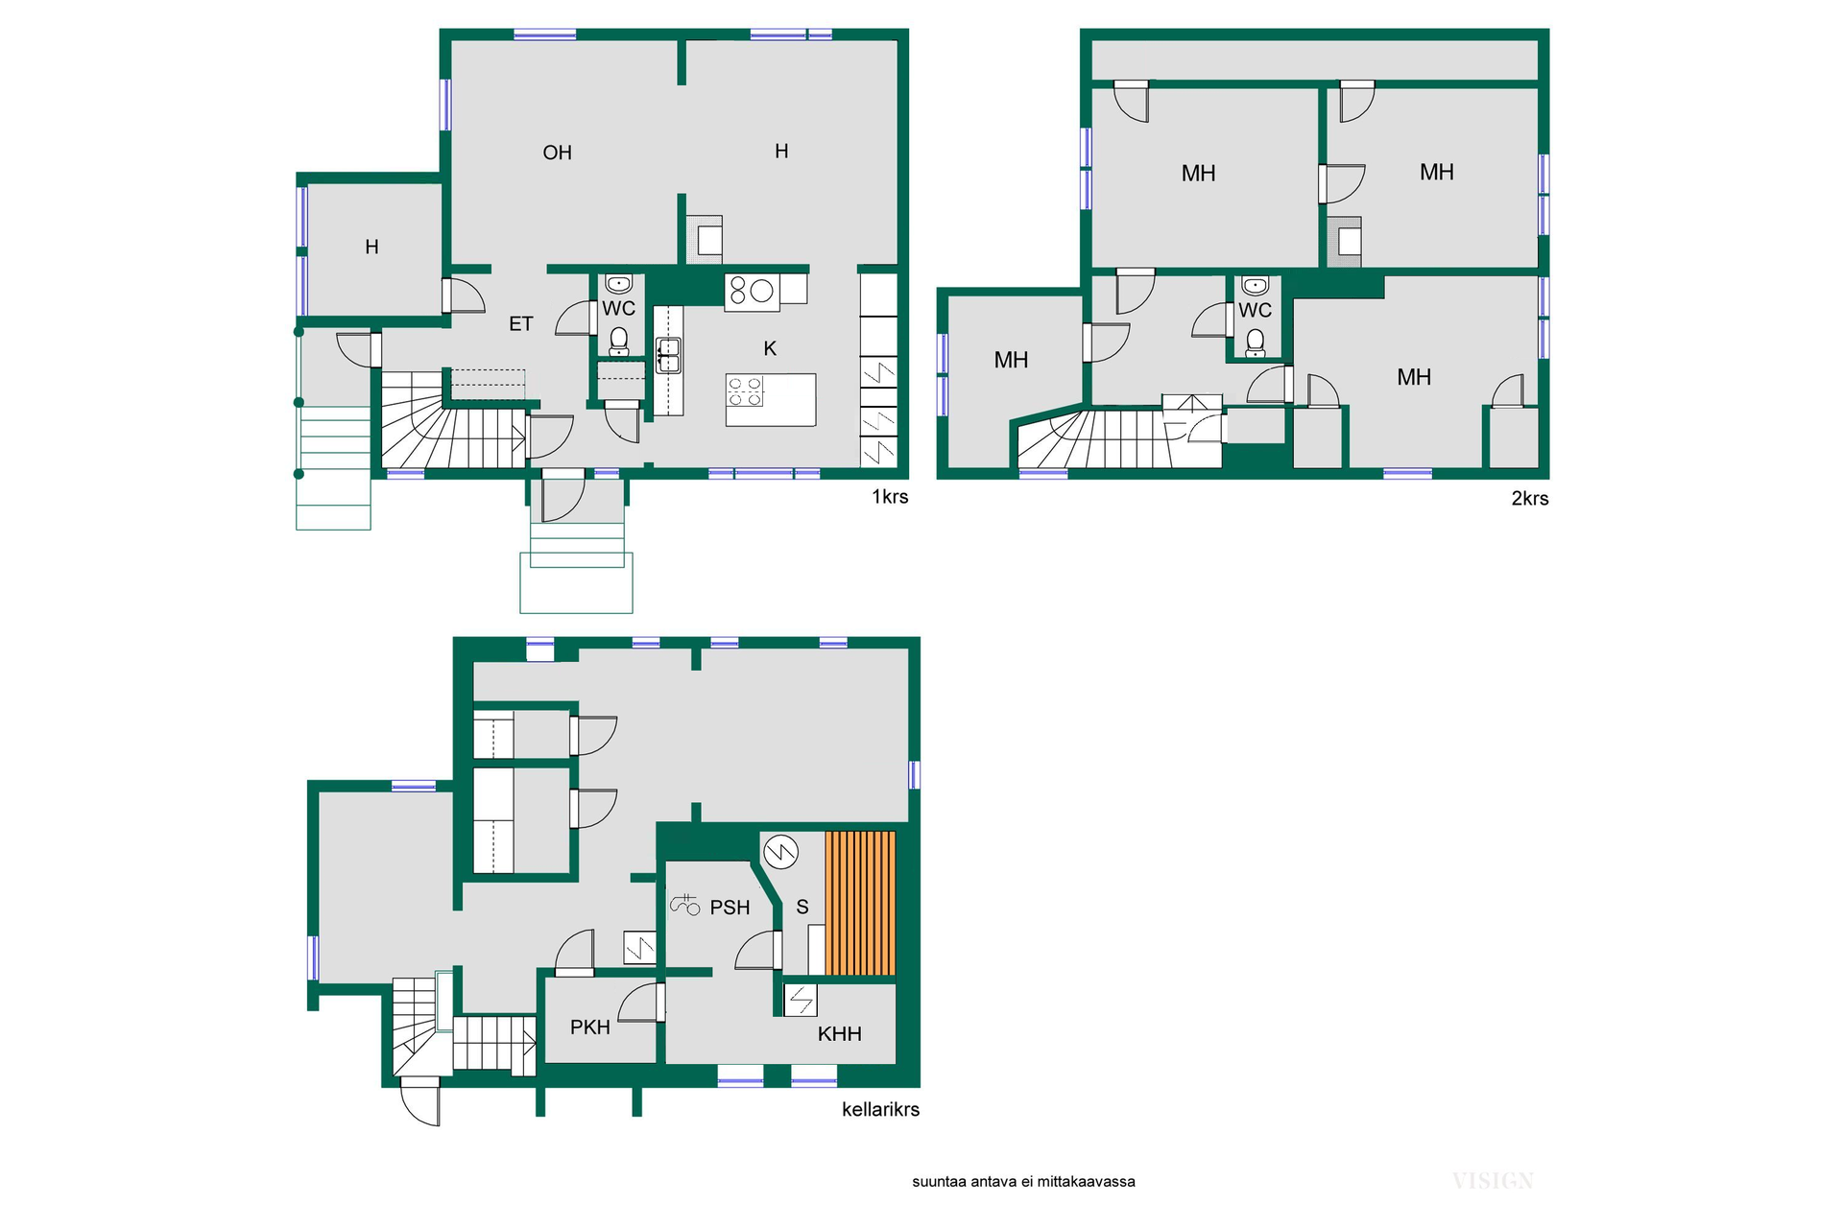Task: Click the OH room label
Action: pos(557,153)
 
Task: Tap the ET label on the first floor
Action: pos(520,324)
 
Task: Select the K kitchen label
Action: pos(770,348)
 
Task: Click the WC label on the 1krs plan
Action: pos(619,308)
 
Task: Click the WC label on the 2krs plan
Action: pos(1255,310)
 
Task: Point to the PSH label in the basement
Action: pos(730,908)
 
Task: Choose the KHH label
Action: pos(840,1033)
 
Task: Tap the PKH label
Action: pos(590,1027)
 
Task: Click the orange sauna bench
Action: pos(860,904)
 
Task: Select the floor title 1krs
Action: pos(890,497)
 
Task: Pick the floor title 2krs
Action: pos(1530,499)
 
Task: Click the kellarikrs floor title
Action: pos(880,1110)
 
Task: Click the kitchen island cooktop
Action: pos(745,391)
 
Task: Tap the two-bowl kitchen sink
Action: pos(668,355)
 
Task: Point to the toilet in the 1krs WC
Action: pos(619,342)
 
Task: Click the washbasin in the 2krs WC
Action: pos(1255,286)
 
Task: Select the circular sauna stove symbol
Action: pos(780,851)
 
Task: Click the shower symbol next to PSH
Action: pos(684,904)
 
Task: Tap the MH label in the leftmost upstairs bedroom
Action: pos(1011,361)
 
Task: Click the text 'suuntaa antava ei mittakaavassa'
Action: pos(1023,1182)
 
